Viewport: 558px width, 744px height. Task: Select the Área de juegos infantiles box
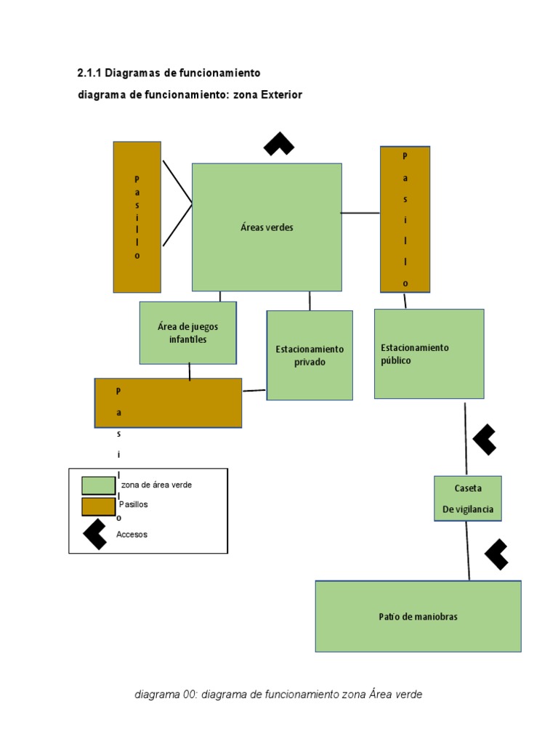pyautogui.click(x=187, y=333)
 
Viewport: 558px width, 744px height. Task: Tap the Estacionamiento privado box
pyautogui.click(x=310, y=355)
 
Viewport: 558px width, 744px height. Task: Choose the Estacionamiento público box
pyautogui.click(x=429, y=354)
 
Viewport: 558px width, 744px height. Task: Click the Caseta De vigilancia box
pyautogui.click(x=468, y=498)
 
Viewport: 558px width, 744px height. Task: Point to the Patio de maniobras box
pyautogui.click(x=418, y=616)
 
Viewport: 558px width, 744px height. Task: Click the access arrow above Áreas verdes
pyautogui.click(x=279, y=144)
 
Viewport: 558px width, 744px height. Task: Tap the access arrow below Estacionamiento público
pyautogui.click(x=485, y=440)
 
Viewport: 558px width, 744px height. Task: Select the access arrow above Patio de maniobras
pyautogui.click(x=496, y=554)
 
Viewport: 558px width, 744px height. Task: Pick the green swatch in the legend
pyautogui.click(x=98, y=485)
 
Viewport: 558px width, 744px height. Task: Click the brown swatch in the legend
pyautogui.click(x=98, y=506)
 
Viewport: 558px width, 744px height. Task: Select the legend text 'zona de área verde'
pyautogui.click(x=157, y=485)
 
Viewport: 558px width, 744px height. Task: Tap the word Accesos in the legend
pyautogui.click(x=132, y=535)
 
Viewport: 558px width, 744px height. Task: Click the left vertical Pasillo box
pyautogui.click(x=137, y=217)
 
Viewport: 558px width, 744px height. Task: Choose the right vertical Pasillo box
pyautogui.click(x=405, y=219)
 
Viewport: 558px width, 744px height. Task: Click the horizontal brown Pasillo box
pyautogui.click(x=168, y=403)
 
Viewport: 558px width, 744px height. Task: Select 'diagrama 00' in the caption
pyautogui.click(x=166, y=695)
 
